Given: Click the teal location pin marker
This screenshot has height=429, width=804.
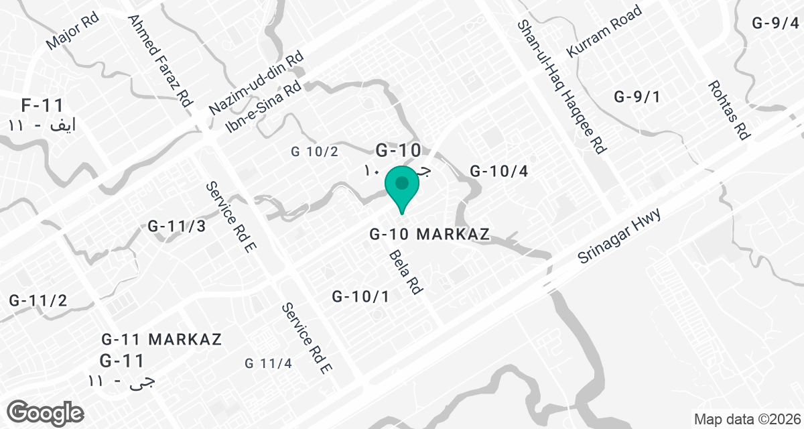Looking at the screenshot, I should tap(402, 188).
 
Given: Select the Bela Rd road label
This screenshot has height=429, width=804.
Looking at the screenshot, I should tap(405, 273).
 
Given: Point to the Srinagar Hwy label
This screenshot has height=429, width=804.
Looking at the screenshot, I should tap(620, 236).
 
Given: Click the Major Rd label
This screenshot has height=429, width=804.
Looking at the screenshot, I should tap(72, 30).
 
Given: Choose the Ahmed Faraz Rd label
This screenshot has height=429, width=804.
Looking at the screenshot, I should tap(159, 62).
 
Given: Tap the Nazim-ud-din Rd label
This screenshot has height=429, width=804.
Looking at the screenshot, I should tap(257, 83).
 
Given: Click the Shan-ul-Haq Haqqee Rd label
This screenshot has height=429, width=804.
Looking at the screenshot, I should tap(561, 87).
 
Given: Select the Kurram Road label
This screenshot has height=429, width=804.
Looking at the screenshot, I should tap(604, 31).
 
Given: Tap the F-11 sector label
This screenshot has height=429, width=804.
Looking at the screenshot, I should tap(42, 105).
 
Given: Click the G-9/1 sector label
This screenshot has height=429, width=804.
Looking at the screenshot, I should tap(637, 97).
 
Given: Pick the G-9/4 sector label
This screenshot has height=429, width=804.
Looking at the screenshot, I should tap(775, 23).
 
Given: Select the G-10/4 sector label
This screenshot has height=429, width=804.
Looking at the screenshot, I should tap(499, 172).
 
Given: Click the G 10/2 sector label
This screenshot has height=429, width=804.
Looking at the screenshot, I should tap(314, 152).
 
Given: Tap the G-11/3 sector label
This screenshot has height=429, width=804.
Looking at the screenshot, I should tap(177, 226).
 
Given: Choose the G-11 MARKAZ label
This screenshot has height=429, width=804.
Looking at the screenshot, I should tap(161, 339).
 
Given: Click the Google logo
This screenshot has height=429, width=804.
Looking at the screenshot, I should tap(46, 411).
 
